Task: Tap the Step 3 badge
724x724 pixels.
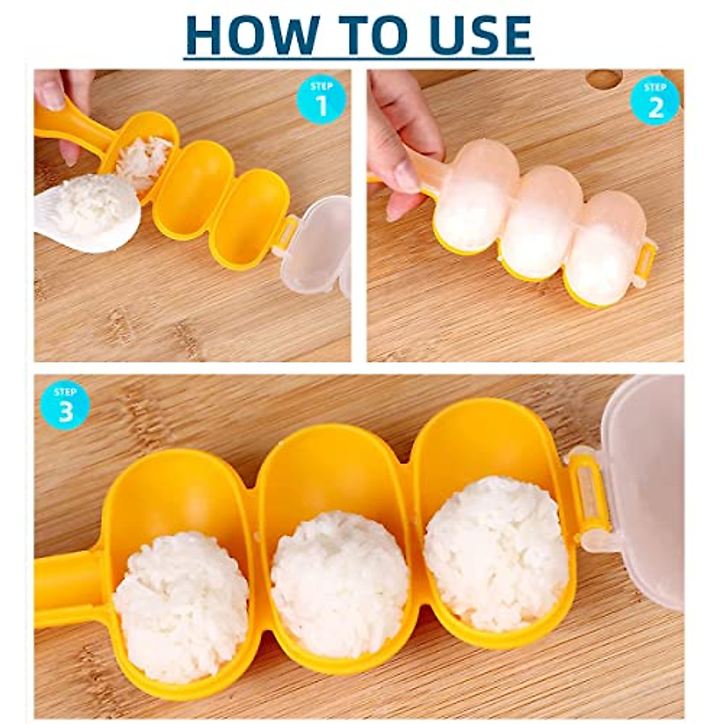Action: pyautogui.click(x=65, y=405)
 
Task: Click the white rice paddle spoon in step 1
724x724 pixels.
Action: pyautogui.click(x=91, y=211)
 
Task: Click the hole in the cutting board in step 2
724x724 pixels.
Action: pyautogui.click(x=603, y=78)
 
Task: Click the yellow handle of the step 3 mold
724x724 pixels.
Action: pyautogui.click(x=66, y=582)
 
